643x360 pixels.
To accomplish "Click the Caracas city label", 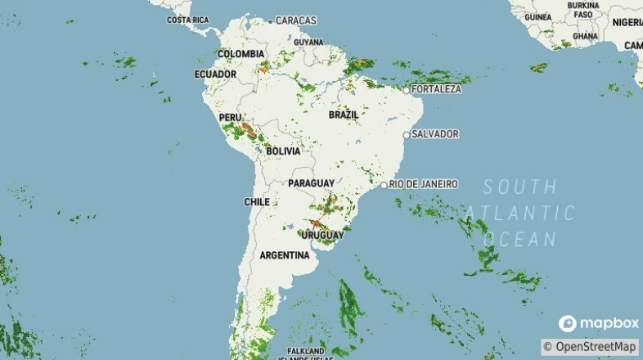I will click(x=296, y=20).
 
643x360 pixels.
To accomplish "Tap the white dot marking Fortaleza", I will click(x=407, y=89).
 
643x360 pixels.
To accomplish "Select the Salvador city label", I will click(x=435, y=133).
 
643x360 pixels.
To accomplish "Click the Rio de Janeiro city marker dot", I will click(x=384, y=186).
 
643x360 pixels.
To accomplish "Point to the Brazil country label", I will click(x=344, y=115).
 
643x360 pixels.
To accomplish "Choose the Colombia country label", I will click(x=241, y=54).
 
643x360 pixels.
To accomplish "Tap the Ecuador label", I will click(x=215, y=74).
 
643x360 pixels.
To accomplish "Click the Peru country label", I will click(x=230, y=118).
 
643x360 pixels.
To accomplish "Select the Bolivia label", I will click(x=283, y=151).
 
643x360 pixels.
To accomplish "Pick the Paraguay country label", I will click(x=311, y=182).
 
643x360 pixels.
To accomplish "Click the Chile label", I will click(x=257, y=201).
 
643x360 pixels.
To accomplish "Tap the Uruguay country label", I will click(x=322, y=236).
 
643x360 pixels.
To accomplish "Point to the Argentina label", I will click(x=285, y=255).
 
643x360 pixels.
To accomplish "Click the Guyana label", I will click(x=308, y=42).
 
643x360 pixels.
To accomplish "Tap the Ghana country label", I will click(x=585, y=36).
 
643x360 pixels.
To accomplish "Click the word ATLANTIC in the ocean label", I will click(x=521, y=213).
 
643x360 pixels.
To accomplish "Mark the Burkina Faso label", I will click(x=583, y=10).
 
